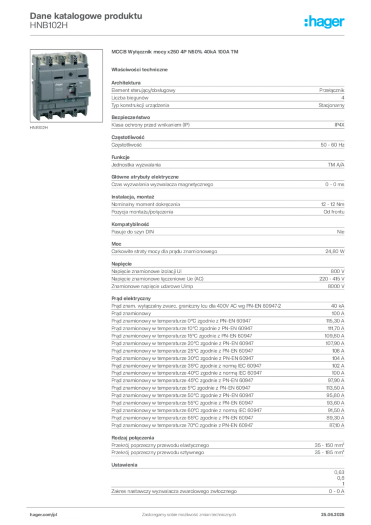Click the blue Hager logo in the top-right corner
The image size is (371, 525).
325,22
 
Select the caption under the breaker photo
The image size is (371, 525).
39,128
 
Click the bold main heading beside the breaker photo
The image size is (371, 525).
176,52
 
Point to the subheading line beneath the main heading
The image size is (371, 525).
141,69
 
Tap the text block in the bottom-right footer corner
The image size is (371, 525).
336,512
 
